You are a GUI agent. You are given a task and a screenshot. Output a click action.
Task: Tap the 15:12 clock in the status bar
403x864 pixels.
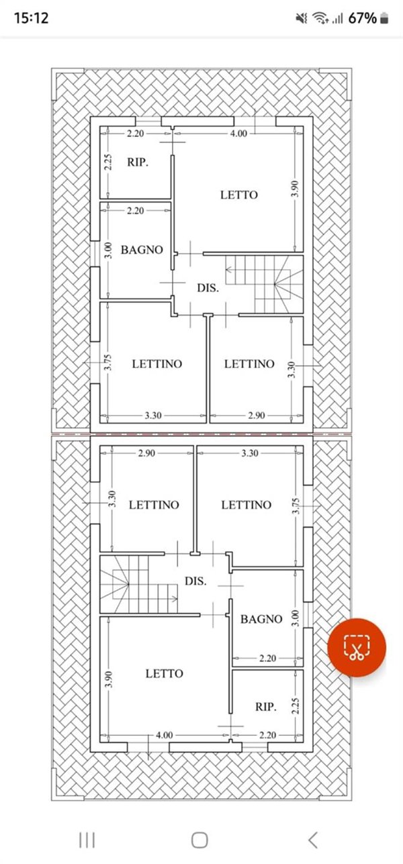click(32, 18)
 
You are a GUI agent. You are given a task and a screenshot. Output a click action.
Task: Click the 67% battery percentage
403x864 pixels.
click(362, 18)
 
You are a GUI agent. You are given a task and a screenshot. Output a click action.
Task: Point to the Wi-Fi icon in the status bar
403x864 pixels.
click(320, 19)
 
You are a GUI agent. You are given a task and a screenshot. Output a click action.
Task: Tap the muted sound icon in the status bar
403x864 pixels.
click(301, 19)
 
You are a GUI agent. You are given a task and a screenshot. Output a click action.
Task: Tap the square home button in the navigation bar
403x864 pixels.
click(199, 839)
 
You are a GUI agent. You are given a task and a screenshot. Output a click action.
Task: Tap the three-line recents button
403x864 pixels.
click(87, 839)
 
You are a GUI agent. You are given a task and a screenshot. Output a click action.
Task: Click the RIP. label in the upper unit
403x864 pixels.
click(138, 162)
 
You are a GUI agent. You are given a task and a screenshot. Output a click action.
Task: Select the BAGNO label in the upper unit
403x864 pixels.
click(142, 250)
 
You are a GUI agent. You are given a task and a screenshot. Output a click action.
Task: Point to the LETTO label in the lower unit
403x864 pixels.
click(164, 673)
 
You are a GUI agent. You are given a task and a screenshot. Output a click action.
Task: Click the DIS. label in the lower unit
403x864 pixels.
click(195, 581)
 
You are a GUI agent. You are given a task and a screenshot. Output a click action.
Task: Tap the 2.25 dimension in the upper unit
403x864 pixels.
click(107, 162)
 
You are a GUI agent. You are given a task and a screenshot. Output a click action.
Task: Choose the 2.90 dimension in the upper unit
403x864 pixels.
click(255, 416)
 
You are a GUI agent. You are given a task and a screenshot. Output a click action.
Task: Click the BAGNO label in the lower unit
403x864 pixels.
click(261, 619)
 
